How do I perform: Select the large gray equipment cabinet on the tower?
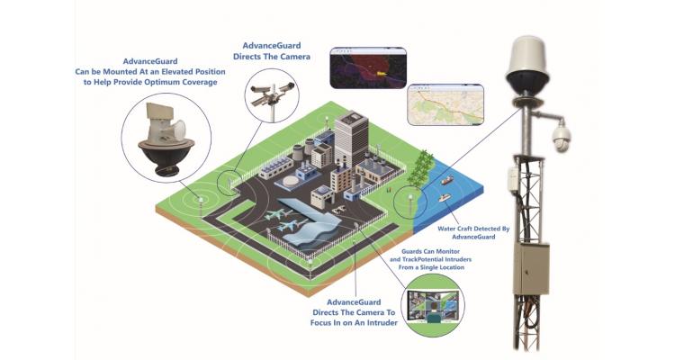pyautogui.click(x=531, y=269)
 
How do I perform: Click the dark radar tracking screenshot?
pyautogui.click(x=368, y=68)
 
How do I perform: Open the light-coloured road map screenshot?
pyautogui.click(x=445, y=104)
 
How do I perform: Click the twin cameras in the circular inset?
pyautogui.click(x=271, y=96)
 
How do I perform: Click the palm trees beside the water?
pyautogui.click(x=418, y=169)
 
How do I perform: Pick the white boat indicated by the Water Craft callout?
pyautogui.click(x=444, y=198)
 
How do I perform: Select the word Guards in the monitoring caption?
pyautogui.click(x=411, y=251)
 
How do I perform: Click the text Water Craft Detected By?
pyautogui.click(x=473, y=229)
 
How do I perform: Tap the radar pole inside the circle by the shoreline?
pyautogui.click(x=409, y=205)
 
